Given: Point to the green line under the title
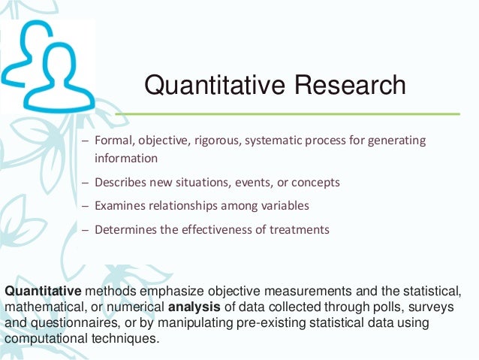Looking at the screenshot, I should click(285, 113).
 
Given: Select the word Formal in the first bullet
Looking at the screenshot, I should click(112, 141).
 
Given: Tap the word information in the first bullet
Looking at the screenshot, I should click(126, 159).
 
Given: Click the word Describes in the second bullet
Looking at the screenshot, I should click(119, 182).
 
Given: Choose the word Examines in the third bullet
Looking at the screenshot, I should click(119, 206).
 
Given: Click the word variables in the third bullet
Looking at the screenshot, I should click(285, 206).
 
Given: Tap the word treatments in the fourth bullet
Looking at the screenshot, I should click(303, 229).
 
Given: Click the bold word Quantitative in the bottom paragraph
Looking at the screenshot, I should click(43, 290).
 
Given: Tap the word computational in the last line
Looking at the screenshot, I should click(44, 339).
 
